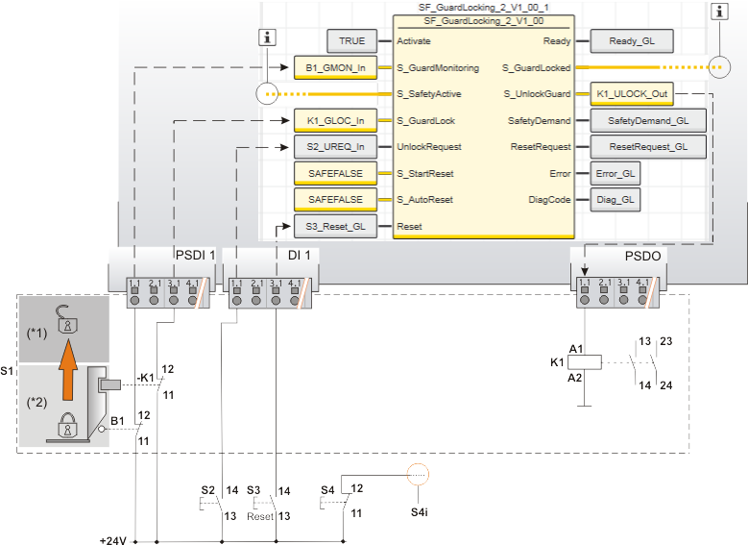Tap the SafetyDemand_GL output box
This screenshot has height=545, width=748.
point(647,121)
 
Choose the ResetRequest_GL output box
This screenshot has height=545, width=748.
point(647,147)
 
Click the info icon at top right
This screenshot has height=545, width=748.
point(719,12)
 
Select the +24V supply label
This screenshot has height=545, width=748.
point(113,539)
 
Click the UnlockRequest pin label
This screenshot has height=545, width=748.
point(429,147)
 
